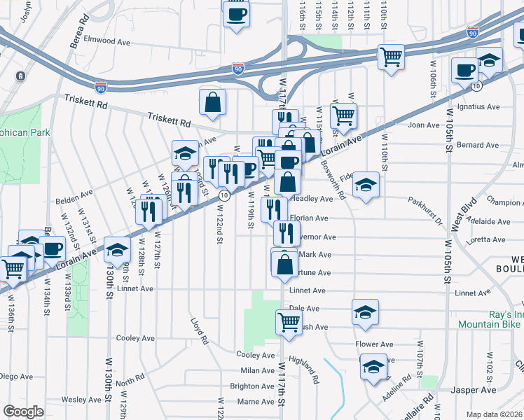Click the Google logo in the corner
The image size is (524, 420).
pos(23,412)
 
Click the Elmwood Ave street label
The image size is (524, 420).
pos(108,41)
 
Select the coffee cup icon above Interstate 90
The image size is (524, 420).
pos(236,13)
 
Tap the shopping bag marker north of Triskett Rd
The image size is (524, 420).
pos(212,103)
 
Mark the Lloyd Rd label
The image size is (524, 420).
pos(200,331)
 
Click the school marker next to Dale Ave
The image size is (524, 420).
pos(365,312)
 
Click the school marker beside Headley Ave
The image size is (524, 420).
pos(365,185)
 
